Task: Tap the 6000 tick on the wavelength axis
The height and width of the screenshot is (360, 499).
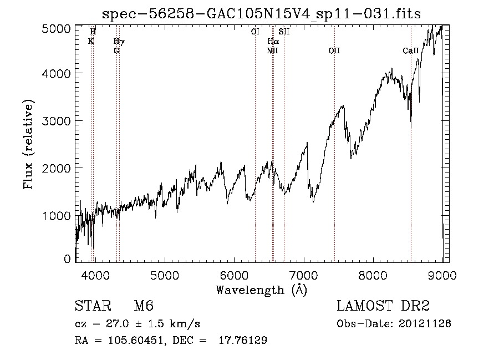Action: [234, 274]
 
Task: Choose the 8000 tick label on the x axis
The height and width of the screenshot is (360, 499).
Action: [373, 274]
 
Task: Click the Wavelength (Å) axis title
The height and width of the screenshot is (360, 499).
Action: [261, 290]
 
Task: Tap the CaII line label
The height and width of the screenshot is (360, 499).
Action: [410, 50]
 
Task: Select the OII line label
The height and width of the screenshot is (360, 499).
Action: [334, 50]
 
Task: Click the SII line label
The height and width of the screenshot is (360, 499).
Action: [284, 32]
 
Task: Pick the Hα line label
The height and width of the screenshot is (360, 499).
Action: [272, 42]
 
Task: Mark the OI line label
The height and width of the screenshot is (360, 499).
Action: [255, 32]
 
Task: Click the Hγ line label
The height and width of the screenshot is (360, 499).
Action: [119, 42]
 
